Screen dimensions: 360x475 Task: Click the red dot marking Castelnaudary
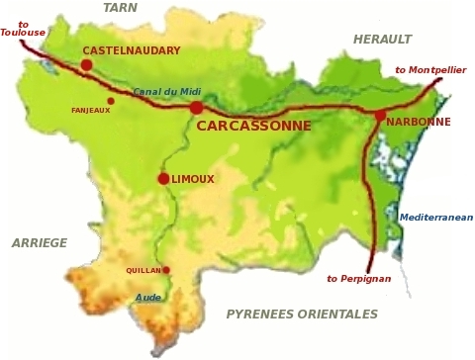point(86,65)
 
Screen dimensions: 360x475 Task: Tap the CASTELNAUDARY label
point(132,50)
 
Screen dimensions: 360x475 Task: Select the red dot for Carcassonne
point(196,107)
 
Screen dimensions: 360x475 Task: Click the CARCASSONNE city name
point(253,127)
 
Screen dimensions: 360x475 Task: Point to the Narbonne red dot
point(380,116)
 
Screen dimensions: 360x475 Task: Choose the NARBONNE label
point(418,122)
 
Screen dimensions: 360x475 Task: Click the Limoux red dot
point(163,179)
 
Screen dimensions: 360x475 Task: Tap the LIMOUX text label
point(193,179)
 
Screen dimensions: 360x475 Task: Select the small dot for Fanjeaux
point(111,100)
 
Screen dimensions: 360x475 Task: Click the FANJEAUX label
point(90,110)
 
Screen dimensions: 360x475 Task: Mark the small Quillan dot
point(166,270)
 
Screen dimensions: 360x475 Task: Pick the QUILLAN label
point(143,270)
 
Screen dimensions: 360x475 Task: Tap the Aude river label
point(148,297)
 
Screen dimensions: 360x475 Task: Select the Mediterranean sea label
point(435,218)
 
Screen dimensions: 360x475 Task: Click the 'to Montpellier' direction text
point(429,70)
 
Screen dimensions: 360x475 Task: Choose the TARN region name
point(120,8)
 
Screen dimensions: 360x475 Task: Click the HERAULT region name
point(382,40)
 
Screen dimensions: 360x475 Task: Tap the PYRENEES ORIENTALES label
point(302,315)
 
